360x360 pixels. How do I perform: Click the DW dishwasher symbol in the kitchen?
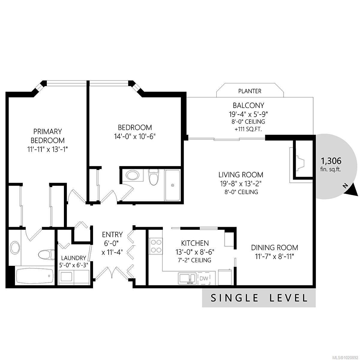click(x=204, y=278)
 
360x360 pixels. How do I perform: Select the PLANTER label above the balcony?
click(x=250, y=91)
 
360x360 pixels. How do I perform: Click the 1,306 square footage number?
click(x=331, y=161)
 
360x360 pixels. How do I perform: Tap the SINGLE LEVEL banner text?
click(x=259, y=298)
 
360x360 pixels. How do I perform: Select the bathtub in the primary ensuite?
click(x=35, y=275)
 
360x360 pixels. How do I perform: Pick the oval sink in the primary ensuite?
click(x=15, y=248)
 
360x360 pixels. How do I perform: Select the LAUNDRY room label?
click(x=74, y=258)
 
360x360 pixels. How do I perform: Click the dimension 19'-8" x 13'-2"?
click(x=241, y=184)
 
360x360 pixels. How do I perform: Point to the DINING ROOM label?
click(x=274, y=247)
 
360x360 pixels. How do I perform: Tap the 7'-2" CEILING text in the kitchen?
click(x=194, y=260)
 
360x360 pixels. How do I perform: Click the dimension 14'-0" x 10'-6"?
click(x=135, y=136)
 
